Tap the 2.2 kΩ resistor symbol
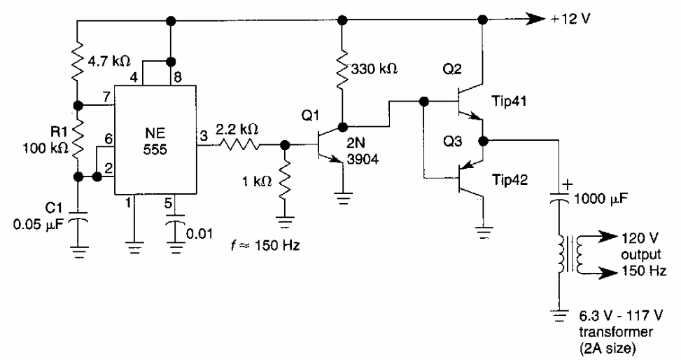pyautogui.click(x=240, y=146)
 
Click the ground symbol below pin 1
pyautogui.click(x=133, y=244)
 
